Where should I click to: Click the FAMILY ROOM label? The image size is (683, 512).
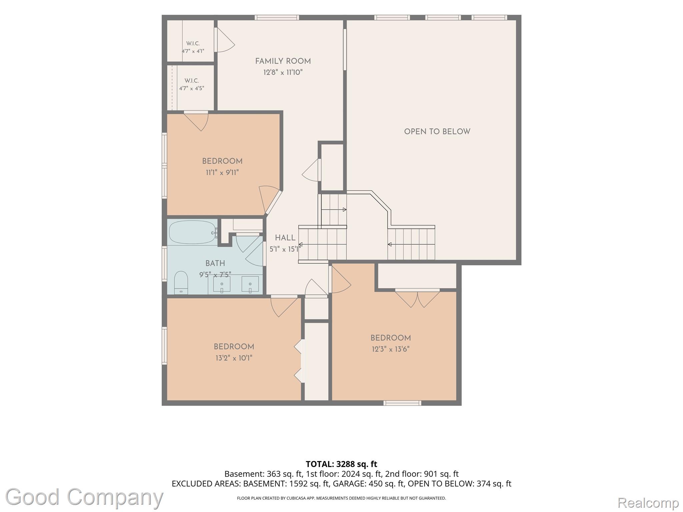[283, 61]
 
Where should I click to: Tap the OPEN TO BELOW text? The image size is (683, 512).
[437, 132]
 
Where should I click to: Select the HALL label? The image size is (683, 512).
[285, 238]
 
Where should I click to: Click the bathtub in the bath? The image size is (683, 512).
[192, 232]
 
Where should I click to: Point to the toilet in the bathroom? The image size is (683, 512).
[181, 282]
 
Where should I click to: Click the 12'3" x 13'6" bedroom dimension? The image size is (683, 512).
[391, 349]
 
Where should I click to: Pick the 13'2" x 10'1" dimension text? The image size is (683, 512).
[234, 358]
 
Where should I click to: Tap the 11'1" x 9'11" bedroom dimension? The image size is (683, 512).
[222, 173]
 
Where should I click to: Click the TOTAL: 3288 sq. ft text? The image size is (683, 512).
[341, 464]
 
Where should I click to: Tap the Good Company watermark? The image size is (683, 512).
[84, 497]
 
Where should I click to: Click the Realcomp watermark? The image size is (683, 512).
[648, 502]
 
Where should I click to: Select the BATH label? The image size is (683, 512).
[215, 263]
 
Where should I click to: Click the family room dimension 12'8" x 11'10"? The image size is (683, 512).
[283, 72]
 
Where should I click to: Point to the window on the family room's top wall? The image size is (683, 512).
[277, 18]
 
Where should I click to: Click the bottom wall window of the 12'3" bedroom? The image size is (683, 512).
[402, 403]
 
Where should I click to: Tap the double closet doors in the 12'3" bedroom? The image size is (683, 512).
[417, 299]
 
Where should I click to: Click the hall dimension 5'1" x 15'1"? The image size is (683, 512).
[285, 249]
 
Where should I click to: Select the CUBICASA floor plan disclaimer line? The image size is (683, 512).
[341, 498]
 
